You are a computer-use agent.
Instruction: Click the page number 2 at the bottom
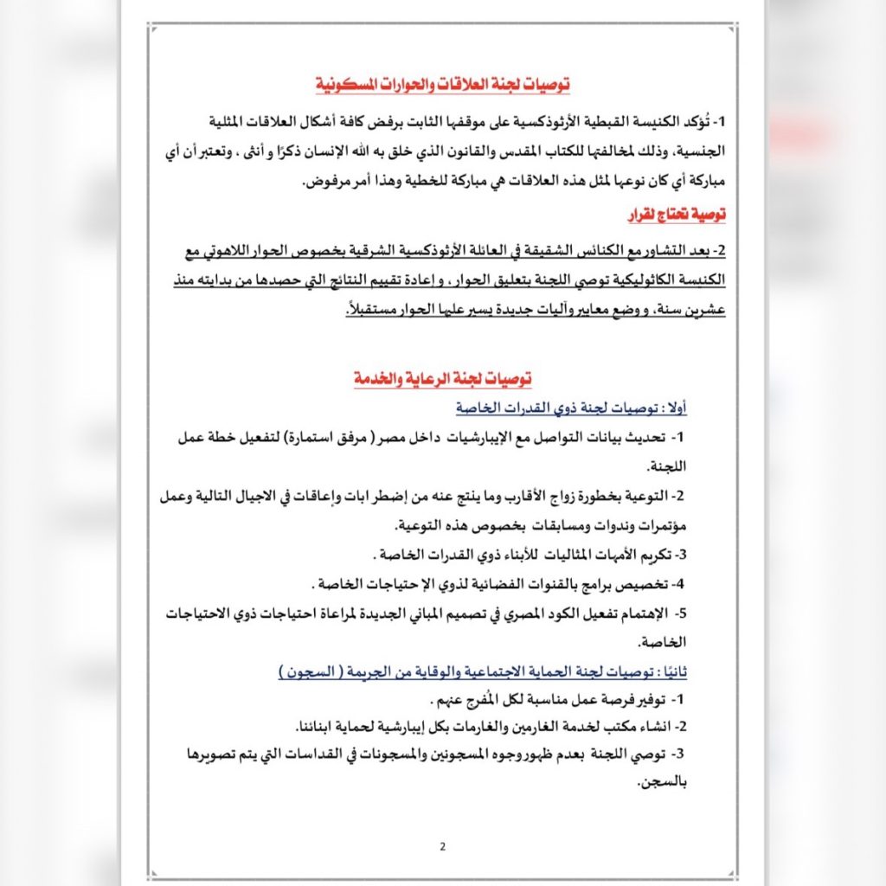tap(442, 845)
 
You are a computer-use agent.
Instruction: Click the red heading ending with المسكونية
tap(441, 85)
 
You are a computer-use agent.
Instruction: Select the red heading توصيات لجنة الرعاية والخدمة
tap(441, 379)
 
